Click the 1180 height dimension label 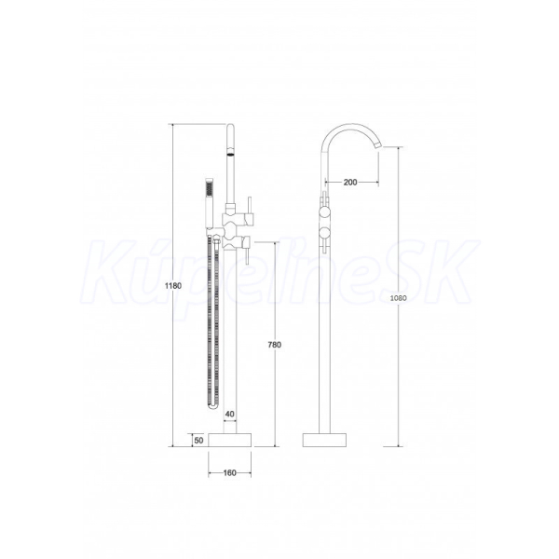click(173, 286)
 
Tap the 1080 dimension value click(398, 298)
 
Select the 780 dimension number click(275, 345)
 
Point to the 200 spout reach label click(350, 183)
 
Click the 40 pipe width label click(230, 414)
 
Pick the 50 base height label click(198, 441)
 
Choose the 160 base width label click(229, 472)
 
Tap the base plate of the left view click(229, 440)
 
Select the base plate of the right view click(324, 440)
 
